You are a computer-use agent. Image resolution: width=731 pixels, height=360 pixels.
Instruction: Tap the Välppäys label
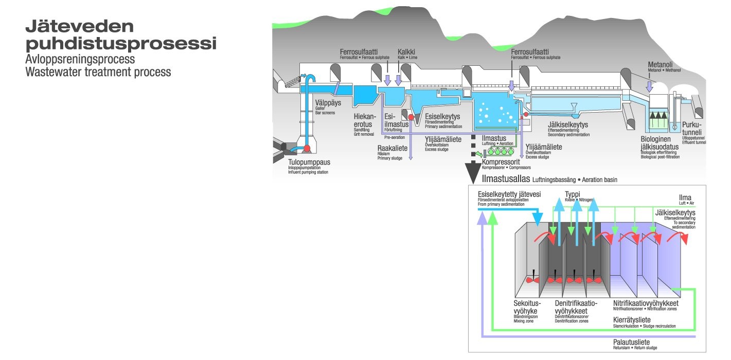pyautogui.click(x=328, y=102)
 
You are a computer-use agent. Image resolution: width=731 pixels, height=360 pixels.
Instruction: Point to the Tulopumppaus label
pyautogui.click(x=309, y=162)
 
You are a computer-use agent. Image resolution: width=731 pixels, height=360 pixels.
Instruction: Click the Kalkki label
pyautogui.click(x=406, y=52)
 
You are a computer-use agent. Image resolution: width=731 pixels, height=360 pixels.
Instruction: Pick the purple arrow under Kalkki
pyautogui.click(x=398, y=79)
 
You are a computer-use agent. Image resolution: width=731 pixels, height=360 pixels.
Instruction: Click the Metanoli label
pyautogui.click(x=661, y=64)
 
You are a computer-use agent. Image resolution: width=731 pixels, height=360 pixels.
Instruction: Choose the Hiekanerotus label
pyautogui.click(x=364, y=120)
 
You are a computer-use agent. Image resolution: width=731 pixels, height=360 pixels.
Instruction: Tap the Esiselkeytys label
pyautogui.click(x=442, y=117)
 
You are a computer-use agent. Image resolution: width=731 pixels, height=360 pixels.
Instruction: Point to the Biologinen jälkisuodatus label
pyautogui.click(x=659, y=143)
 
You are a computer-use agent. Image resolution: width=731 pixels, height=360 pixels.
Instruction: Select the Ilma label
pyautogui.click(x=685, y=197)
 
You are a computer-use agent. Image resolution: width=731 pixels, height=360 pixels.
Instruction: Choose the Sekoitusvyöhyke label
pyautogui.click(x=526, y=307)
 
